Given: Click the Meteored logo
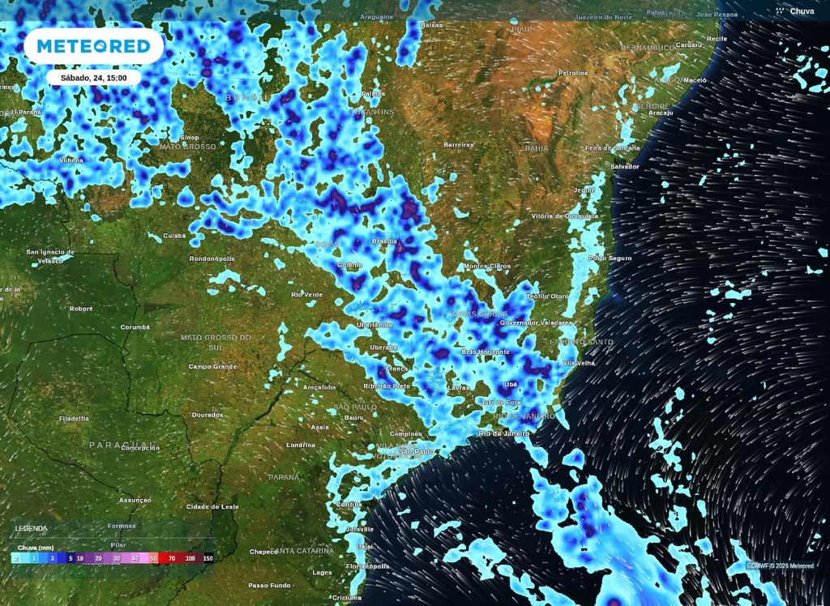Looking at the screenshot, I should (93, 47).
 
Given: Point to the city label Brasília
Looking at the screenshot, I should (384, 241).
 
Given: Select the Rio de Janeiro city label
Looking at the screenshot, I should (504, 433).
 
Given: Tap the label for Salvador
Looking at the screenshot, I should (625, 166).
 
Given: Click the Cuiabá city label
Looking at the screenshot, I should (174, 236).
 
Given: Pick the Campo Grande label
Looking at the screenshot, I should (212, 366).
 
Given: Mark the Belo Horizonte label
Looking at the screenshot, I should (486, 352).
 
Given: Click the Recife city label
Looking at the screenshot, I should (717, 38).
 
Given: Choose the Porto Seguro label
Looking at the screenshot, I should (610, 258).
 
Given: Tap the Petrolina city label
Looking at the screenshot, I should (573, 73).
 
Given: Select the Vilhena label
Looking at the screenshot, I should (71, 160).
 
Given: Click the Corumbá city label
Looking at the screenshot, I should (135, 327).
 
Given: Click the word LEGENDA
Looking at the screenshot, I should (31, 528).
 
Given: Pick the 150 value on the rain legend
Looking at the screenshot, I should (207, 558).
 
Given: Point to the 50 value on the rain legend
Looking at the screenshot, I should (153, 558).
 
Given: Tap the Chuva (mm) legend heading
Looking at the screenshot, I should (34, 548).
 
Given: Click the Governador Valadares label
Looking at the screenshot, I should (530, 322).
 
